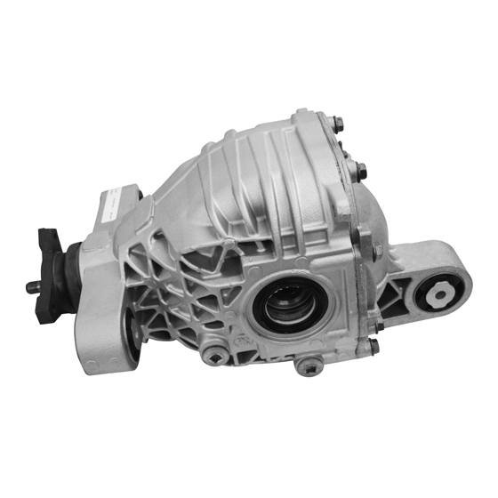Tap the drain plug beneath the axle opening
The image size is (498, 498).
pyautogui.click(x=309, y=366)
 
